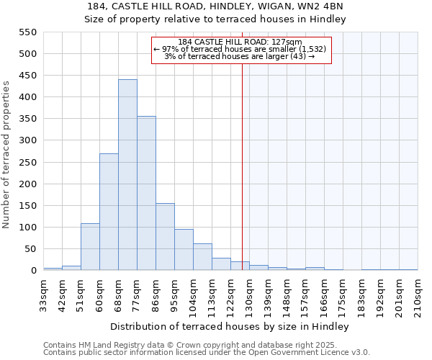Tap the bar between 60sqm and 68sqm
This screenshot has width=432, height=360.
pyautogui.click(x=109, y=212)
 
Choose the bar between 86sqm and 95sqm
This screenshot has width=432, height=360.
pyautogui.click(x=165, y=237)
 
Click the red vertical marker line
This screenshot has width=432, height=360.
pyautogui.click(x=242, y=180)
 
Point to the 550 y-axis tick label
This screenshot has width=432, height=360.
pyautogui.click(x=27, y=32)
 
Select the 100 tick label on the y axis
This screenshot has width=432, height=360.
pyautogui.click(x=27, y=228)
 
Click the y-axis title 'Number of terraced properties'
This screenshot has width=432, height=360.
pyautogui.click(x=7, y=155)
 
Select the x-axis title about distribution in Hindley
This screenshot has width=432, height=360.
pyautogui.click(x=230, y=326)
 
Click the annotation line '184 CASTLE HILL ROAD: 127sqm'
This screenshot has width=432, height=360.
pyautogui.click(x=240, y=42)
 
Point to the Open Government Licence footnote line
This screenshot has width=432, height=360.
pyautogui.click(x=207, y=352)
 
